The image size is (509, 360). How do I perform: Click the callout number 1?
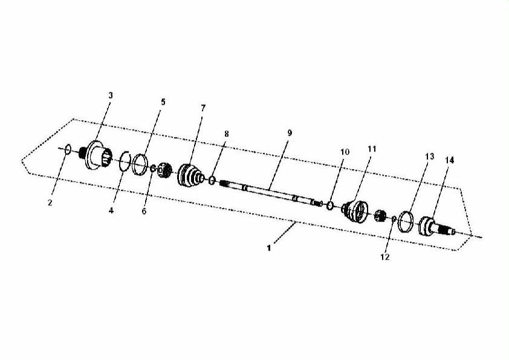coord(269,248)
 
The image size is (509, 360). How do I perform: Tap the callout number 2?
coord(50,203)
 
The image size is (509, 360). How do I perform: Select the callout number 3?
coord(111,95)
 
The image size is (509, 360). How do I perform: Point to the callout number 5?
coord(163,102)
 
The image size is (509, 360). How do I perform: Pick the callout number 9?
coord(290,133)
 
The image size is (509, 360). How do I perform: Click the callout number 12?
coord(384,257)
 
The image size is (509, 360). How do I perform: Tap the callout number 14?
coord(450,160)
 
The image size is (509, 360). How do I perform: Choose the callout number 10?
coord(345,152)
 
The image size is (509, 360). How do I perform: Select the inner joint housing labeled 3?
coord(96,156)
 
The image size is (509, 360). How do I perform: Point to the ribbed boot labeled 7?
coord(190,175)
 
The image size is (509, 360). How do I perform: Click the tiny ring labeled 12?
coord(394,219)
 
